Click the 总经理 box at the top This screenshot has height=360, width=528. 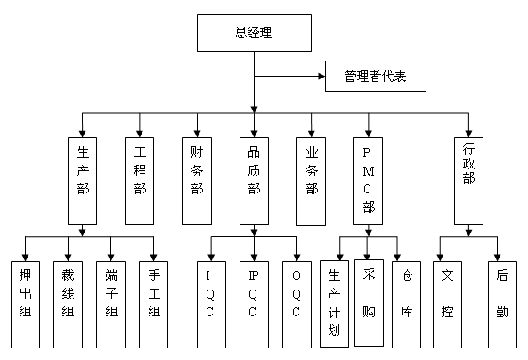click(254, 33)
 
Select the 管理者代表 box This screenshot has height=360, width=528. click(376, 76)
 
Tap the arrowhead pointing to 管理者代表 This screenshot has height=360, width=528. click(321, 76)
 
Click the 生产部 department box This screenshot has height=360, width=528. click(82, 181)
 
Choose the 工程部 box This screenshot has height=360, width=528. click(140, 181)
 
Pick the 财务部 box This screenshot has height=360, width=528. click(197, 181)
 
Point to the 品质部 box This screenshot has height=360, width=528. click(254, 181)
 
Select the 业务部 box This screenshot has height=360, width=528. click(311, 182)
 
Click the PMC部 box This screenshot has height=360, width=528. click(368, 181)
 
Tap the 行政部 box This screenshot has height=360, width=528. click(468, 181)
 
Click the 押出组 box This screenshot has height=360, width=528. click(25, 305)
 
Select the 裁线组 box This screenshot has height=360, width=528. click(68, 305)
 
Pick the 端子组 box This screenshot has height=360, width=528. click(110, 305)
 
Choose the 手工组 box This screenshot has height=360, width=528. click(153, 305)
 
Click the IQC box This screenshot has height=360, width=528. click(211, 305)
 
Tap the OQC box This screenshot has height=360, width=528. click(296, 305)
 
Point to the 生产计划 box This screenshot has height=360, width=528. click(334, 304)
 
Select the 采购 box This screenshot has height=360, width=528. click(369, 303)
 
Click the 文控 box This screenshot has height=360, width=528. click(447, 305)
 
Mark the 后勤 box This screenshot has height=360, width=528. click(502, 305)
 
